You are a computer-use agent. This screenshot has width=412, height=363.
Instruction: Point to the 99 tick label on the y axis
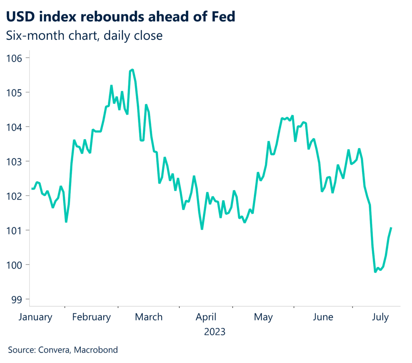14,299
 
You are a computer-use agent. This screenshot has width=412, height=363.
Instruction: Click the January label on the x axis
36,317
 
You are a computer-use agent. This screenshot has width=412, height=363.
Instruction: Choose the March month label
149,317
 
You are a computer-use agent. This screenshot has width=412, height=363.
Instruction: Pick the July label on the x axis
380,317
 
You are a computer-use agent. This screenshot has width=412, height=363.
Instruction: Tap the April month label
206,317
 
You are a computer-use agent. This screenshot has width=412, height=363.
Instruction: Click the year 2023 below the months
215,332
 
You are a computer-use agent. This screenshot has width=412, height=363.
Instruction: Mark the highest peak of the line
132,70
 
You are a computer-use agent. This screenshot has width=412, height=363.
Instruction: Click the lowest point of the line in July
375,272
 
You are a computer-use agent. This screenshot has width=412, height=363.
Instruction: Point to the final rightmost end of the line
391,228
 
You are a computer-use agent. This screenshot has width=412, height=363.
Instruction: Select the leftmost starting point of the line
32,189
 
